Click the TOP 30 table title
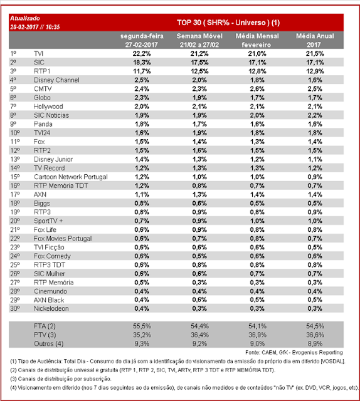[228, 23]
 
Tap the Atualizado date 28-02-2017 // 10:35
[35, 27]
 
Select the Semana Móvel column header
[199, 40]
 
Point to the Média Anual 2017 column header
[315, 40]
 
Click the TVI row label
[38, 54]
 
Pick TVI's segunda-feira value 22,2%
[142, 54]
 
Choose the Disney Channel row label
[56, 80]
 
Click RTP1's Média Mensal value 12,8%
[257, 71]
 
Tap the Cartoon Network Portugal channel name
[71, 177]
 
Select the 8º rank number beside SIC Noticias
[13, 115]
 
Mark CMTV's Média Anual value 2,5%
[315, 89]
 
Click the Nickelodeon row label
[51, 309]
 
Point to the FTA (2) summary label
[45, 326]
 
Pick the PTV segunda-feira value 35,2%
[142, 335]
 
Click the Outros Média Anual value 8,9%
[315, 344]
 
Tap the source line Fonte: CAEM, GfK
[294, 353]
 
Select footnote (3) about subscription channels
[61, 378]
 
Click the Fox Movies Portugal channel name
[63, 239]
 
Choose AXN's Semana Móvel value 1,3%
[199, 195]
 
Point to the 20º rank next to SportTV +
[15, 221]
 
